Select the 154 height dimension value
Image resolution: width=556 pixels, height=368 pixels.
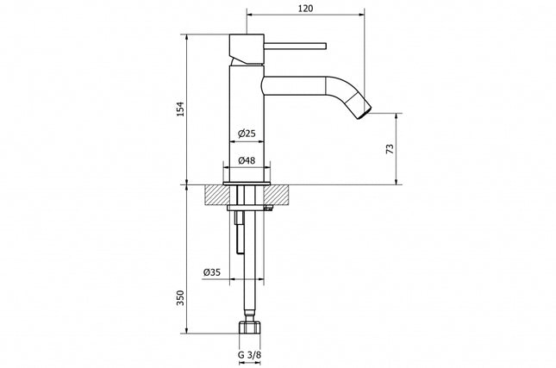pos(180,109)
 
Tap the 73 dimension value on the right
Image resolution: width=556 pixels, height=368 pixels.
pos(390,148)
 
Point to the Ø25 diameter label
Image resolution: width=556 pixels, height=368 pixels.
pos(246,134)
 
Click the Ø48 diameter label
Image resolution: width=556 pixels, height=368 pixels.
pos(246,160)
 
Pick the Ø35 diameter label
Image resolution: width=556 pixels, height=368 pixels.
pos(211,272)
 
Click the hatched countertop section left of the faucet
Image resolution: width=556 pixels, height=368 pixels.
pos(215,195)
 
